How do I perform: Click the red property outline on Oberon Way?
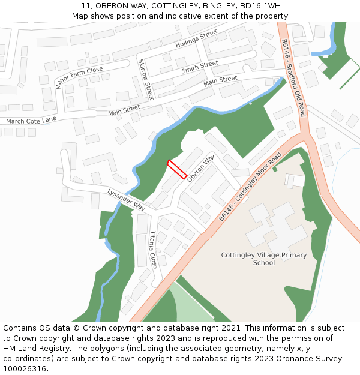coord(177,170)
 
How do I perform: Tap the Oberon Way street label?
coord(200,169)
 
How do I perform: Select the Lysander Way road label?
coord(127,199)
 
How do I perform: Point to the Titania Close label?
coord(153,249)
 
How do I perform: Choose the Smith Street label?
coord(200,67)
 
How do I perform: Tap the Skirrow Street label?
coord(146,79)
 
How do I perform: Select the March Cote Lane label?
coord(31,120)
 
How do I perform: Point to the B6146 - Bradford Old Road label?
coord(294,78)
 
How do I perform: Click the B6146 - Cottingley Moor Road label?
coord(250,186)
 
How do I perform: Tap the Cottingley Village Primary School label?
coord(264,259)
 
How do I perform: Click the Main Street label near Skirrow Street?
coord(124,110)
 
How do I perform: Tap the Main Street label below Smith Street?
coord(220,80)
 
